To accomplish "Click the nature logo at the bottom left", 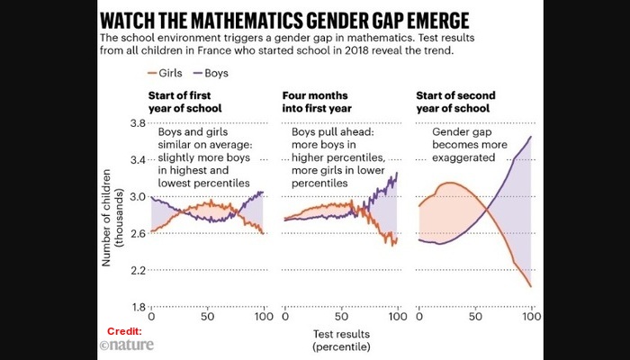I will [127, 344].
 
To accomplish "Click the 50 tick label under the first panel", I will [207, 318].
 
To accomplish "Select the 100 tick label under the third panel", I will [531, 318].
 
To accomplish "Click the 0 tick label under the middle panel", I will [284, 318].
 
